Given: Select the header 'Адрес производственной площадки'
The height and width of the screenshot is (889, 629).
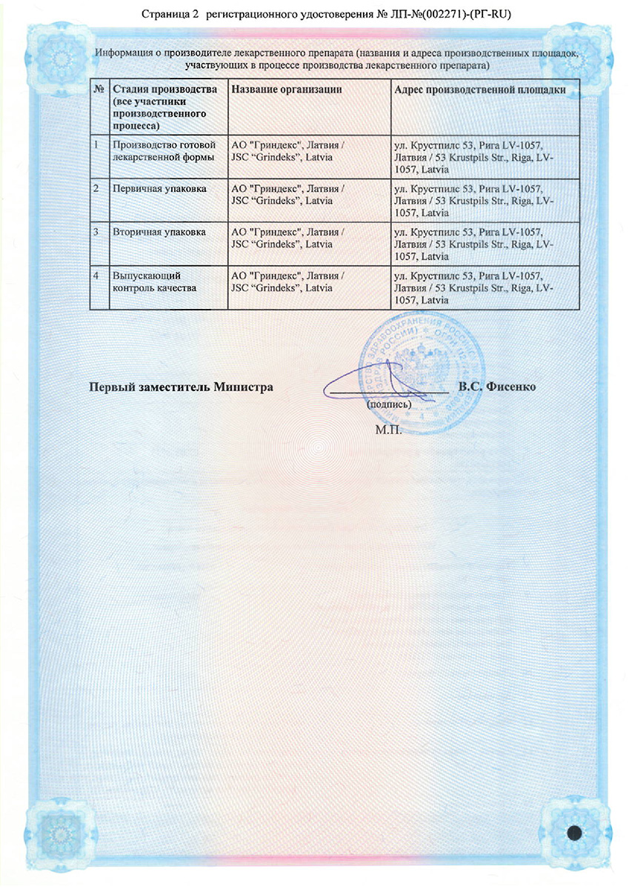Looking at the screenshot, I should tap(481, 90).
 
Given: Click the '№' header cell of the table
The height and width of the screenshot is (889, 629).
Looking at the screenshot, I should tap(98, 90).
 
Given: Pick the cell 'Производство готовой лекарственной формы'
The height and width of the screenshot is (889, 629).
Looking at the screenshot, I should tap(163, 151).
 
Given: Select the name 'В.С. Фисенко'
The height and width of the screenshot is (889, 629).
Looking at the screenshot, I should tap(496, 387).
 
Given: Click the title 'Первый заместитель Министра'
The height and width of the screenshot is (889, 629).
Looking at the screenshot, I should tap(182, 387).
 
